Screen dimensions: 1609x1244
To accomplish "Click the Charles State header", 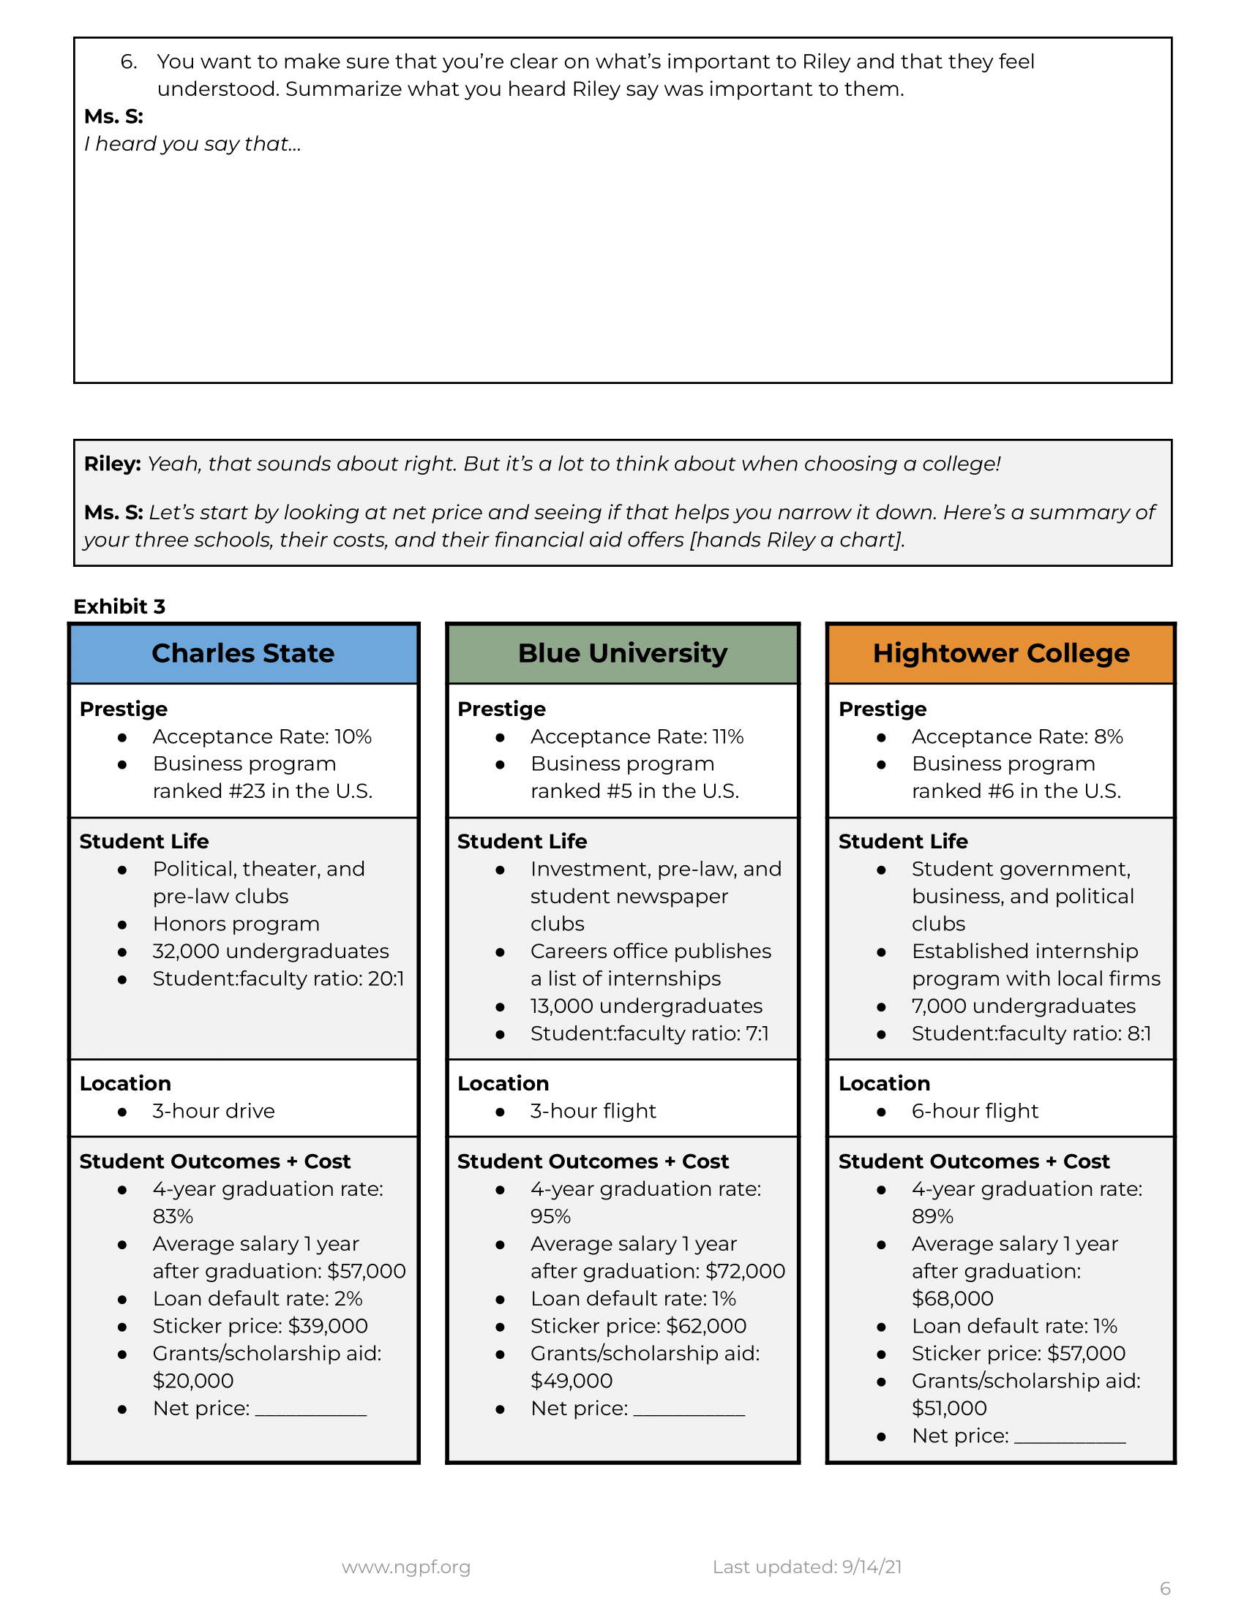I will (242, 653).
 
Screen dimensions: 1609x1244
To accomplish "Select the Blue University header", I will (622, 653).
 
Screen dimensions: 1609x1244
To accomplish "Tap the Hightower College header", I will (1000, 653).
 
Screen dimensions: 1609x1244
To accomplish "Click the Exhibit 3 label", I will (119, 606).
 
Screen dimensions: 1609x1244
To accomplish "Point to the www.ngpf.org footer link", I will (406, 1567).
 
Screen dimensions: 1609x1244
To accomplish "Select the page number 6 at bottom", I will (1164, 1589).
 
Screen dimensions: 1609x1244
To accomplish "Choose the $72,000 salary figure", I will (745, 1271).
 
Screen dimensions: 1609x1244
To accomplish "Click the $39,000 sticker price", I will (327, 1325).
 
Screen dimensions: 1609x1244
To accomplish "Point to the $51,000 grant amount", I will (948, 1408).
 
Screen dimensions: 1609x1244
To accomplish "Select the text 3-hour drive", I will (213, 1111).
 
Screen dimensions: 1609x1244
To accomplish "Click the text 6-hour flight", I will (974, 1111).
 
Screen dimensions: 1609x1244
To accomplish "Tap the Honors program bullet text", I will (236, 924).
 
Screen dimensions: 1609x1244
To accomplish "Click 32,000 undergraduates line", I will (271, 951).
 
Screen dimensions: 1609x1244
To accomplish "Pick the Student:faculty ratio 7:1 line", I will (648, 1033).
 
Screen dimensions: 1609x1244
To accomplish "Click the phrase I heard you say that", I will (192, 143).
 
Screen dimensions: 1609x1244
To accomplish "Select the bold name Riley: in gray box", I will (112, 464).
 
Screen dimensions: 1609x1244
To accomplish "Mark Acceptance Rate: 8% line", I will (1016, 736).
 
